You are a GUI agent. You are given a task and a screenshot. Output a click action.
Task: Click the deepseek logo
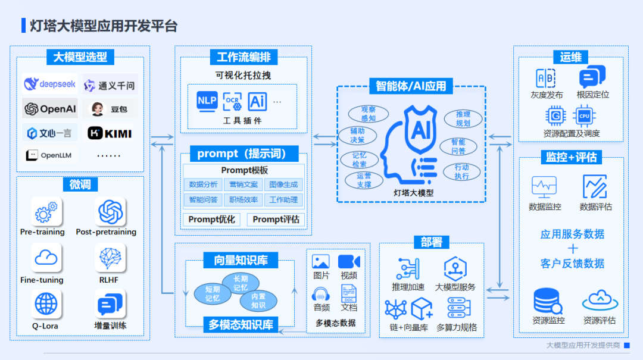point(49,84)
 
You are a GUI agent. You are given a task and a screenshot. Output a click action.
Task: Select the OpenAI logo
point(49,109)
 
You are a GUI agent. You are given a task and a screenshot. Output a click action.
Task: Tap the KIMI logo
point(110,133)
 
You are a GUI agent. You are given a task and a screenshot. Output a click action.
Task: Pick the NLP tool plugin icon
point(207,101)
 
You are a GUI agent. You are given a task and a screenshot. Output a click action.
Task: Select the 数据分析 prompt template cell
point(203,184)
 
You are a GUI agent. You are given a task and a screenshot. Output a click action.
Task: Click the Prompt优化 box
point(212,220)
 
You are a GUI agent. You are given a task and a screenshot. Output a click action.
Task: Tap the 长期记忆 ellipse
point(241,283)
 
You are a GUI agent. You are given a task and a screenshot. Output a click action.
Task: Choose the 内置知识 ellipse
point(258,301)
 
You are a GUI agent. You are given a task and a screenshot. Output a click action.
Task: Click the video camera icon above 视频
point(349,262)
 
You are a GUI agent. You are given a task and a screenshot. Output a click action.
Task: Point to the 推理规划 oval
point(463,118)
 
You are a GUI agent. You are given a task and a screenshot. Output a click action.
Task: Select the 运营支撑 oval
point(364,180)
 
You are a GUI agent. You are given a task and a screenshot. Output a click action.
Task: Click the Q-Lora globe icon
point(46,304)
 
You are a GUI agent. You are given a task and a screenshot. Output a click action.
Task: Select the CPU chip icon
point(584,115)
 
